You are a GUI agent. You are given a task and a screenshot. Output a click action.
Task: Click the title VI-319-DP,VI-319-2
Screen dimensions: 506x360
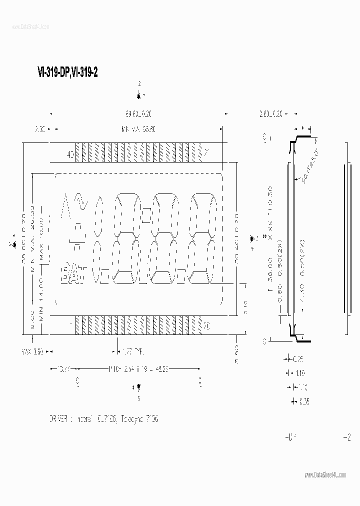click(x=67, y=72)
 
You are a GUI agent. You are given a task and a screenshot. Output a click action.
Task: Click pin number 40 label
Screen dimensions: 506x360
click(x=70, y=155)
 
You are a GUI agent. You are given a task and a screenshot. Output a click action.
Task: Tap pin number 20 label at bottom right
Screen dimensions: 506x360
click(x=205, y=326)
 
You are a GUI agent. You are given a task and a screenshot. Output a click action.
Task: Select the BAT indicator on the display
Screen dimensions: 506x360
click(x=73, y=274)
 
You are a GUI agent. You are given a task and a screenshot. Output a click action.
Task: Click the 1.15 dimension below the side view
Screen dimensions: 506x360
click(x=299, y=373)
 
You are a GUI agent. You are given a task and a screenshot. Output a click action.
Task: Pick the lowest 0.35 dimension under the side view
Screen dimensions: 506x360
click(x=304, y=401)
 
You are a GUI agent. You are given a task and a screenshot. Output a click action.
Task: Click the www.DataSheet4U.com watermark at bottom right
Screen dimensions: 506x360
click(x=324, y=474)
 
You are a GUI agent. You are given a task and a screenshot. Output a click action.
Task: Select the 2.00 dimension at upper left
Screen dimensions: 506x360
click(x=41, y=129)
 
